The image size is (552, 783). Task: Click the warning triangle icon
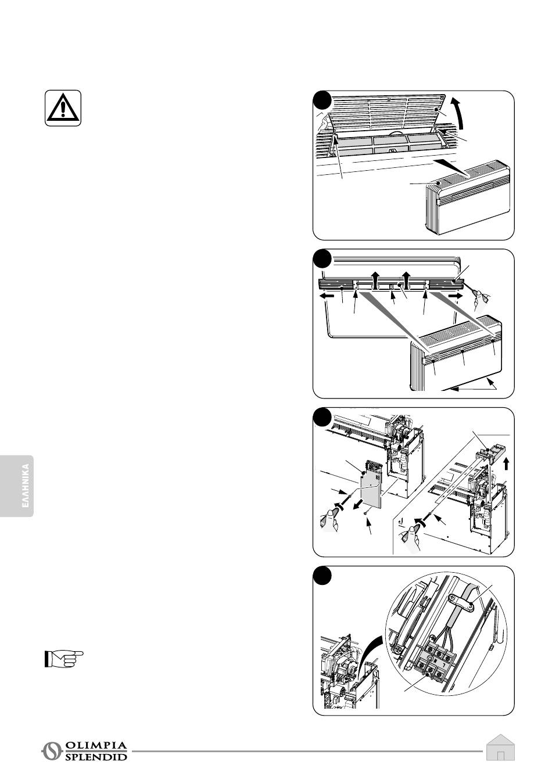tap(63, 107)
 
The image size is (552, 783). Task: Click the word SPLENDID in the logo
tap(96, 757)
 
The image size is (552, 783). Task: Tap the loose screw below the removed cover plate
tap(363, 512)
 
